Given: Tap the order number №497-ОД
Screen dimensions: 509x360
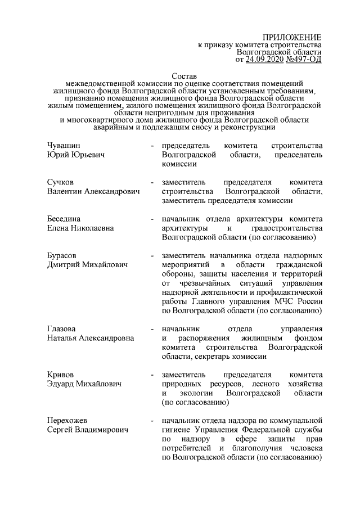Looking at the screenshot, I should click(x=304, y=58).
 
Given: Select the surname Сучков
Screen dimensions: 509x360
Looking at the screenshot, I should click(x=60, y=183).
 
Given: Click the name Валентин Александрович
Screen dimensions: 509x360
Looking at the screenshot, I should click(x=93, y=192).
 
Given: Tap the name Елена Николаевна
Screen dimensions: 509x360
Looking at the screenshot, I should click(x=81, y=228).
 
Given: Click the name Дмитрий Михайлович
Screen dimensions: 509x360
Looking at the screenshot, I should click(x=87, y=265).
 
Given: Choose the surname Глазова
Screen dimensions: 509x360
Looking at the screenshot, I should click(x=61, y=328).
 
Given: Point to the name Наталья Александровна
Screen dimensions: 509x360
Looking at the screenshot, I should click(x=90, y=337).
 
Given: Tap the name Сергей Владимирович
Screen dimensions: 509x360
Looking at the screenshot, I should click(x=87, y=429).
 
